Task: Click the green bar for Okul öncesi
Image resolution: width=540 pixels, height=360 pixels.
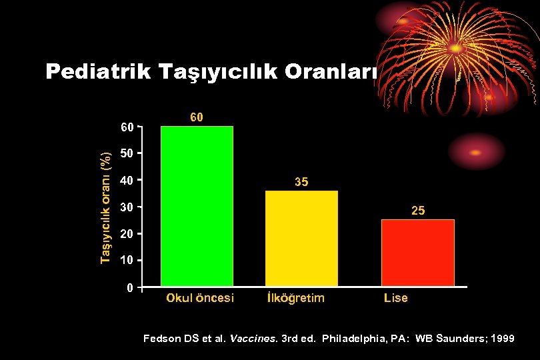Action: (197, 206)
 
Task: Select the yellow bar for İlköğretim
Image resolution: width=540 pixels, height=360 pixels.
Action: (301, 239)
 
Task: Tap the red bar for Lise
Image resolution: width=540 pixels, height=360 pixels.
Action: (418, 253)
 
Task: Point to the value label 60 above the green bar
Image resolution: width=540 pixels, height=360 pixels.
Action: (197, 117)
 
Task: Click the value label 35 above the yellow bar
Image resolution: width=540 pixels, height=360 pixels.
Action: (301, 182)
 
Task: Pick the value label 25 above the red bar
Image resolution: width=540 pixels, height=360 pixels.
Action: (418, 211)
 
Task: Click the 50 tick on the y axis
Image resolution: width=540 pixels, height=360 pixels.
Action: (127, 153)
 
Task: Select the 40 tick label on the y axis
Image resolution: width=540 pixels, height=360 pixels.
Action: (127, 180)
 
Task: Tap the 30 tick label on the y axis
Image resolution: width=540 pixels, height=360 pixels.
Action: (127, 207)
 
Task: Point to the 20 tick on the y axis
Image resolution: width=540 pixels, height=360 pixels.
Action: (127, 234)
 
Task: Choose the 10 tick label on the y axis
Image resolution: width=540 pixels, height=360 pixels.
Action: (127, 260)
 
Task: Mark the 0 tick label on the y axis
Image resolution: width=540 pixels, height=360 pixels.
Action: (130, 288)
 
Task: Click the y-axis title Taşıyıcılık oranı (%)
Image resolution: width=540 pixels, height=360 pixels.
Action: (105, 207)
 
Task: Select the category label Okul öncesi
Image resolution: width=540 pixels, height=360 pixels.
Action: (200, 298)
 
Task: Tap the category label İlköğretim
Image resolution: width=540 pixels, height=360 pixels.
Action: (295, 298)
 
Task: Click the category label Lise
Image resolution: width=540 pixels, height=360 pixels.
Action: (395, 298)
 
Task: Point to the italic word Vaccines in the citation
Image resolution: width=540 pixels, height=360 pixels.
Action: (249, 339)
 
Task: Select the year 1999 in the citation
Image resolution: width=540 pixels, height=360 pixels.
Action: (501, 339)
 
